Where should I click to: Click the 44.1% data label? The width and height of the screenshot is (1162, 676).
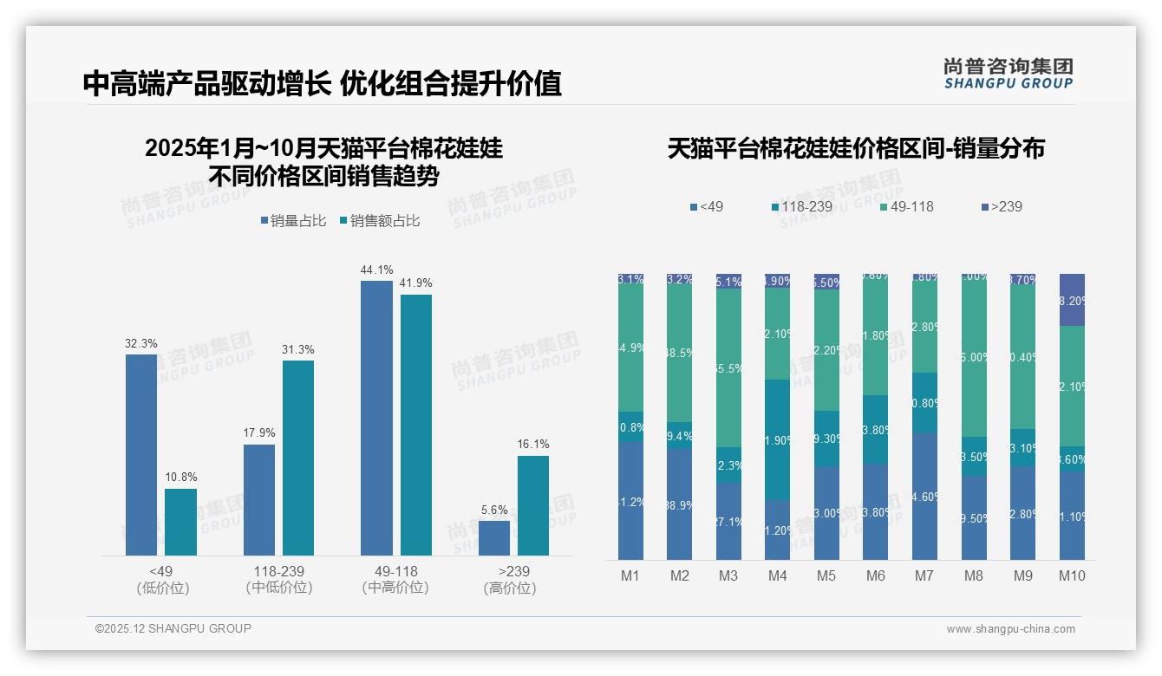pos(376,270)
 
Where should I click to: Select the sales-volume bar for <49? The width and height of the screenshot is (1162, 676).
pos(141,454)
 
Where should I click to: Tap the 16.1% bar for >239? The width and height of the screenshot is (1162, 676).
pos(533,505)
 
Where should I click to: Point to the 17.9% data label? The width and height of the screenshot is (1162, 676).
pos(259,433)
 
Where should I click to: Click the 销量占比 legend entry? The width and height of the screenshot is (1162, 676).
pos(293,221)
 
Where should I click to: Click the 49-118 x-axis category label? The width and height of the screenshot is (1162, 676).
pos(395,572)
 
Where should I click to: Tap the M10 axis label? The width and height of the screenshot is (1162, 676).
pos(1072,575)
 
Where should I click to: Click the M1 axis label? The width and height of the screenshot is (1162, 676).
pos(630,575)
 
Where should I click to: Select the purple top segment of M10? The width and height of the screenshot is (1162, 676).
pos(1072,299)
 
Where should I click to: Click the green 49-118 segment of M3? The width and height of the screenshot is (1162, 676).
pos(728,367)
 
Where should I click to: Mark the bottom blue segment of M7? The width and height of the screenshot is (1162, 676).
pos(925,497)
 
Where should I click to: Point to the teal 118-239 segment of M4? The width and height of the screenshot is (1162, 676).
pos(778,439)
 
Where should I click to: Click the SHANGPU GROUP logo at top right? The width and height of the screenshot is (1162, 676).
pos(1008,74)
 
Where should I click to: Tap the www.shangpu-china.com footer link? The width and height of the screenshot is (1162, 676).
pos(1010,629)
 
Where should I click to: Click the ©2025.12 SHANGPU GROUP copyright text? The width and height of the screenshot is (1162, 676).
pos(173,628)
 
